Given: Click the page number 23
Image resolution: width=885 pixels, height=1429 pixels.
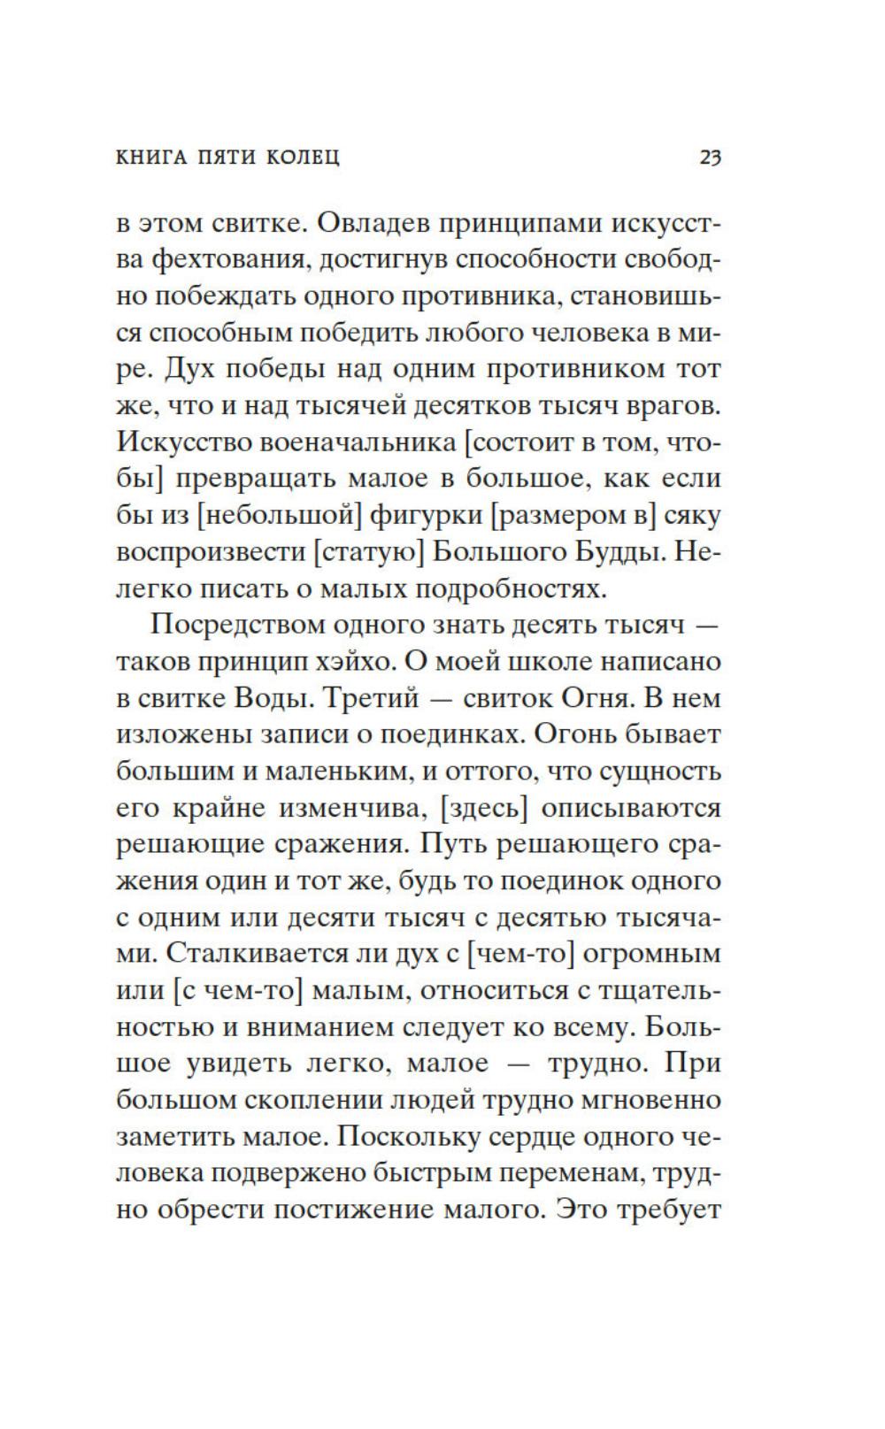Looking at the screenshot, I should (711, 158).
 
